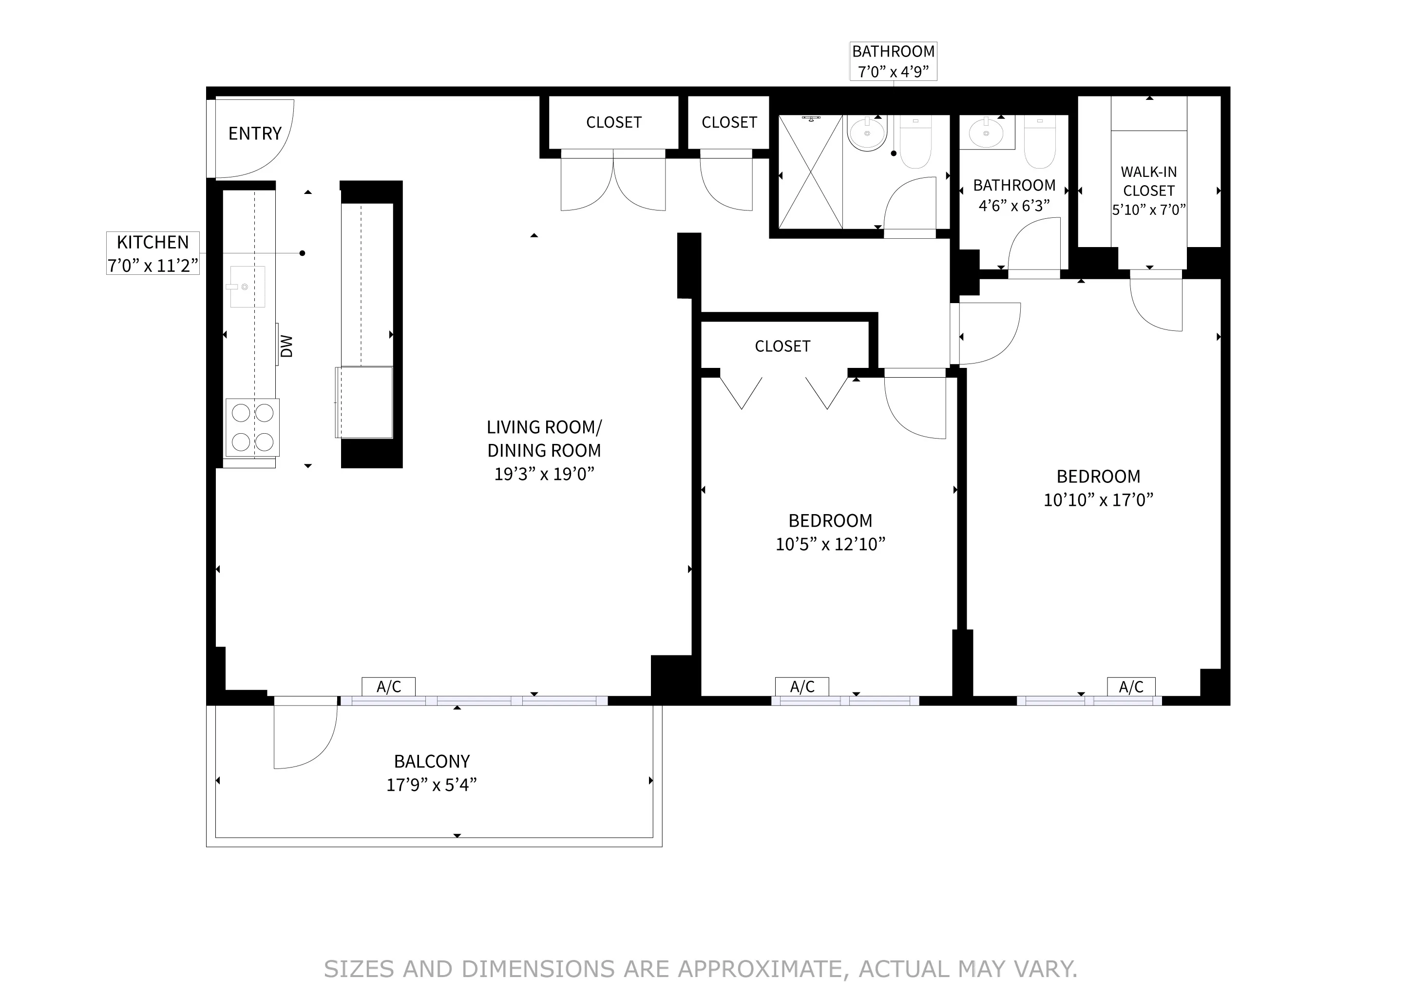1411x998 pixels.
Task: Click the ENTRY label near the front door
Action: click(x=254, y=134)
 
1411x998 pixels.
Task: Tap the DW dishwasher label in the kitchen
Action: click(x=286, y=346)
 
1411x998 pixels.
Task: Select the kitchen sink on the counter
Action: click(x=247, y=287)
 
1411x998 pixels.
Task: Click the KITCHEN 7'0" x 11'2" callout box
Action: click(x=153, y=253)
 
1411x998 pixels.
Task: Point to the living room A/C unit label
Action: click(x=388, y=687)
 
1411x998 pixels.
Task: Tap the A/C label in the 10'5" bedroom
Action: click(x=802, y=687)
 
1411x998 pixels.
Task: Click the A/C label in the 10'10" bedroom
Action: click(x=1131, y=687)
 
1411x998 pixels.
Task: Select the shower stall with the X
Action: click(x=810, y=172)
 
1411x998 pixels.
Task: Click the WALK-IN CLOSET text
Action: click(x=1148, y=181)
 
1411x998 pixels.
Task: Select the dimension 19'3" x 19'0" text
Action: click(x=544, y=474)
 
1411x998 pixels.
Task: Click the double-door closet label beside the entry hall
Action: click(x=613, y=122)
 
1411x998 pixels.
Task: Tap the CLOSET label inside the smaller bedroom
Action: click(x=782, y=346)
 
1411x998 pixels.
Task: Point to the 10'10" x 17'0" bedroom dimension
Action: click(x=1098, y=499)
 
